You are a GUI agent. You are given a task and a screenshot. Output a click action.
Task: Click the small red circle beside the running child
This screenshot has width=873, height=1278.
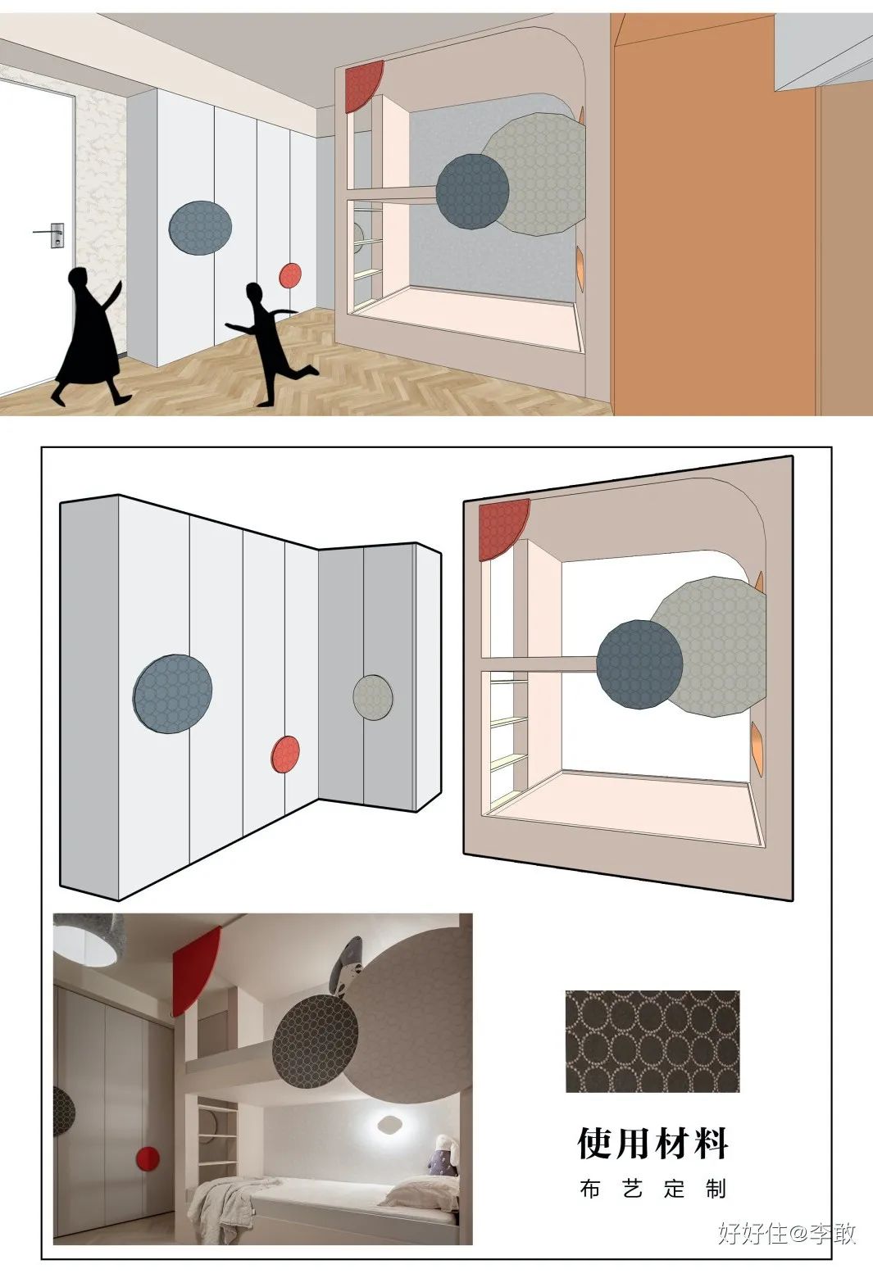[290, 276]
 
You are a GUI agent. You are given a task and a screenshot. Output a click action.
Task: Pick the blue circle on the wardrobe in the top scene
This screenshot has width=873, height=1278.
[200, 228]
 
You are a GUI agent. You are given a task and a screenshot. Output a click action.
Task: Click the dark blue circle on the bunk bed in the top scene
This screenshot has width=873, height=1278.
[472, 192]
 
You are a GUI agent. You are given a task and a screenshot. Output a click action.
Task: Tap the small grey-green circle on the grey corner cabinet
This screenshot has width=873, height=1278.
[373, 697]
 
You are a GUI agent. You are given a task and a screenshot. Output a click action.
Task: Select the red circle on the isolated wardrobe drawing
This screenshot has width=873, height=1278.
[285, 755]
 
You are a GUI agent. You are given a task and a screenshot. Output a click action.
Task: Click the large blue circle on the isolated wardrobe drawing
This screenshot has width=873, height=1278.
[172, 694]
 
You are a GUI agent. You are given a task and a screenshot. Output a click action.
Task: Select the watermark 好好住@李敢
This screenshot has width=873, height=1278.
[787, 1233]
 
